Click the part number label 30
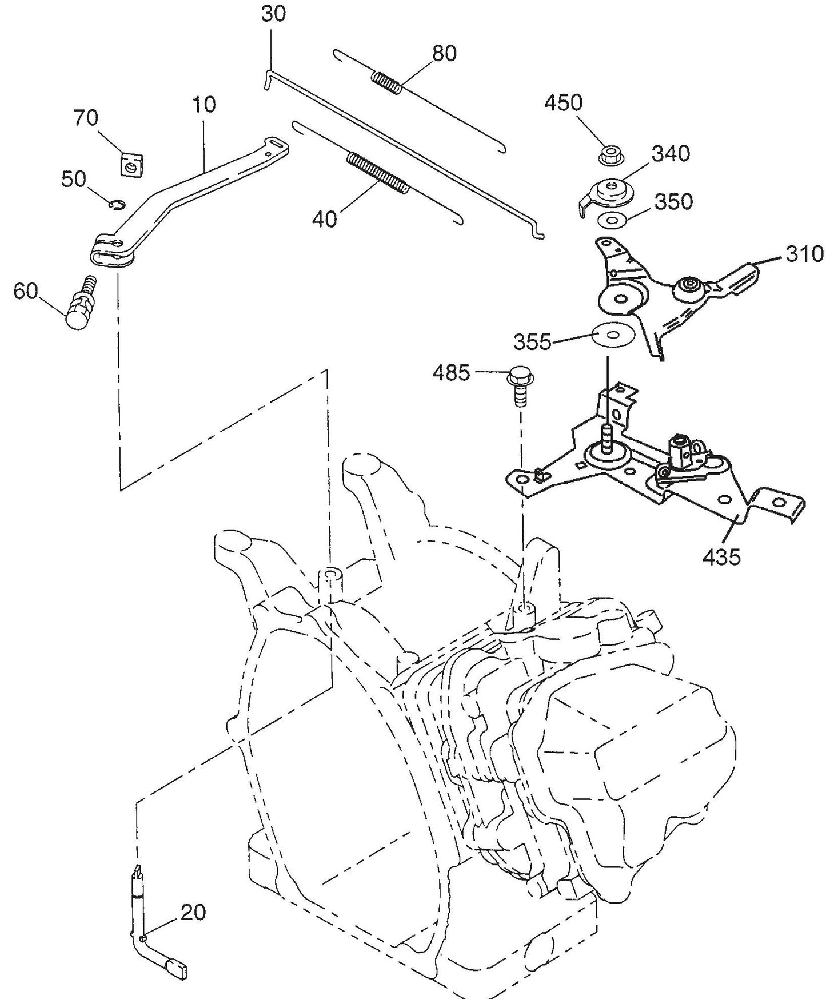pos(273,14)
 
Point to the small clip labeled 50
pos(118,203)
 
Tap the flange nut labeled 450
pos(609,154)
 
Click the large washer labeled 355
pos(613,335)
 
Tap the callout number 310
pos(804,254)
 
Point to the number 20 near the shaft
pos(193,912)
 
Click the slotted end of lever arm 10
pos(277,146)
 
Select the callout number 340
pos(671,154)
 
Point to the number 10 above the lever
pos(204,105)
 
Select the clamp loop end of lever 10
pos(111,250)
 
